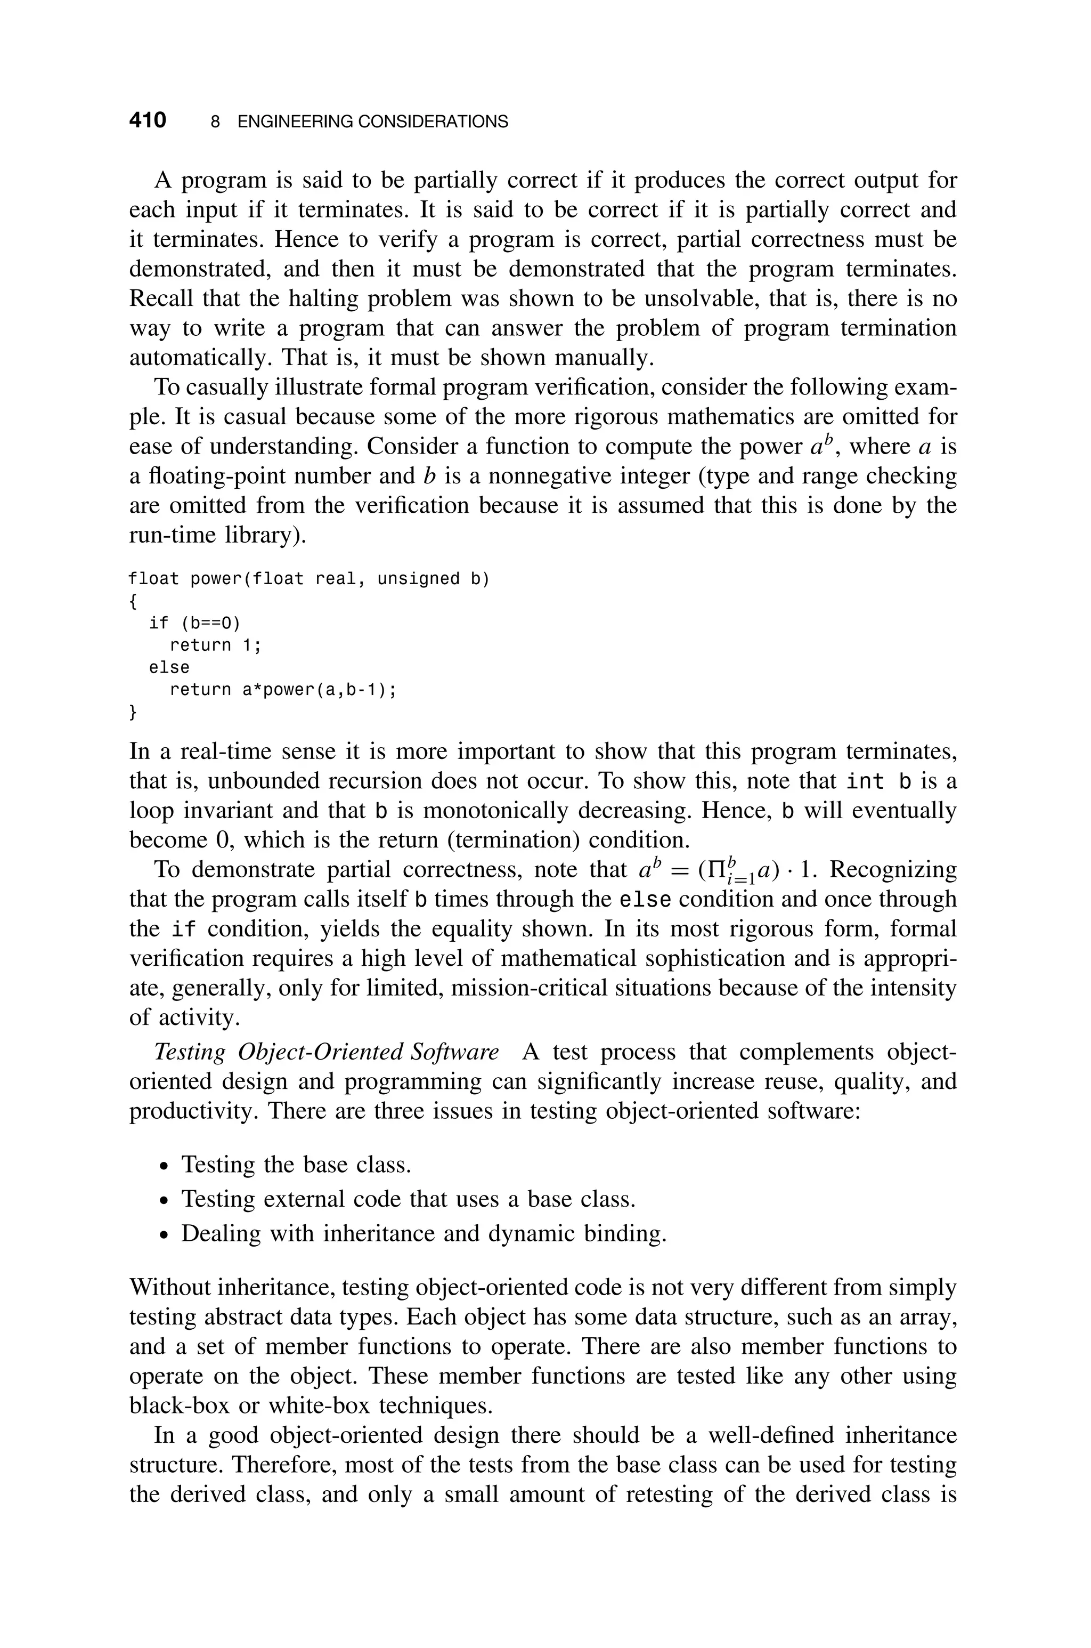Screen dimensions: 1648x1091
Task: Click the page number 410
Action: coord(148,121)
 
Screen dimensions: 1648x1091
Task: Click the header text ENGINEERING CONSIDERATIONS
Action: coord(372,122)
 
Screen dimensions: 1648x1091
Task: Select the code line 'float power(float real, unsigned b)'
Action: coord(309,579)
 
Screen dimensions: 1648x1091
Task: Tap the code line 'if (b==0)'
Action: coord(194,623)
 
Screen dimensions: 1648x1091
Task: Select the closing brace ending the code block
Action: coord(133,712)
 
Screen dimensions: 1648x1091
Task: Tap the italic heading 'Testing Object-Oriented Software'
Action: coord(325,1052)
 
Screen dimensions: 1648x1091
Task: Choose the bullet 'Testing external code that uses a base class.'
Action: coord(409,1199)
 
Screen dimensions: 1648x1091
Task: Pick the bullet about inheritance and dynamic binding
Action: coord(424,1233)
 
